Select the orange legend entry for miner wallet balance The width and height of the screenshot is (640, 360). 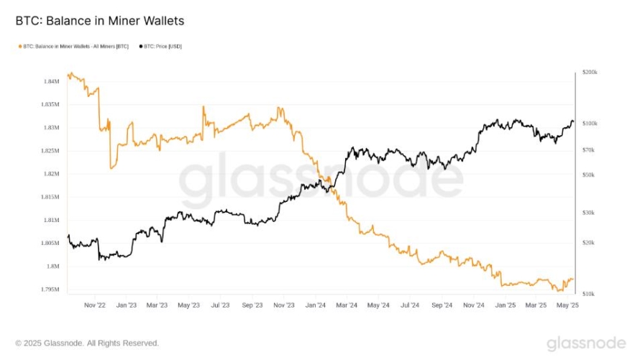pyautogui.click(x=73, y=47)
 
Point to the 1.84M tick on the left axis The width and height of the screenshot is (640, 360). pyautogui.click(x=51, y=81)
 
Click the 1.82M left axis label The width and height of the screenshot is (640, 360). pyautogui.click(x=51, y=174)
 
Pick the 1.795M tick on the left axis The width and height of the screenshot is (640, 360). pyautogui.click(x=50, y=289)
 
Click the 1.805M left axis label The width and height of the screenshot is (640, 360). pyautogui.click(x=50, y=243)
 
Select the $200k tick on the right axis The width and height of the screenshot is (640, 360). pyautogui.click(x=590, y=73)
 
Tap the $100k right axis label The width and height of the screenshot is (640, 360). pyautogui.click(x=590, y=124)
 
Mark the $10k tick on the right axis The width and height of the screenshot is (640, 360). pyautogui.click(x=588, y=293)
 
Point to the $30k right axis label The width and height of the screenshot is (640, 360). pyautogui.click(x=588, y=212)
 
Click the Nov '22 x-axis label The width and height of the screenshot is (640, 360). pyautogui.click(x=95, y=305)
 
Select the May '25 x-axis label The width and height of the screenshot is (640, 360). pyautogui.click(x=568, y=305)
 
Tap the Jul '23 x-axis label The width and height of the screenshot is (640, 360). pyautogui.click(x=219, y=305)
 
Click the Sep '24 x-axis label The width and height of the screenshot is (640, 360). pyautogui.click(x=442, y=305)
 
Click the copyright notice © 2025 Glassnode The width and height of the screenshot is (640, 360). pyautogui.click(x=87, y=343)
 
